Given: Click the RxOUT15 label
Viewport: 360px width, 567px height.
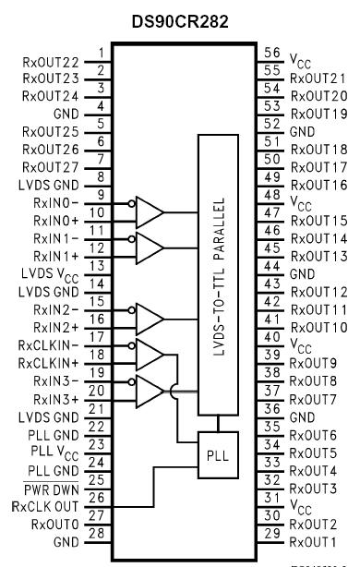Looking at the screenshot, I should (x=316, y=221).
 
